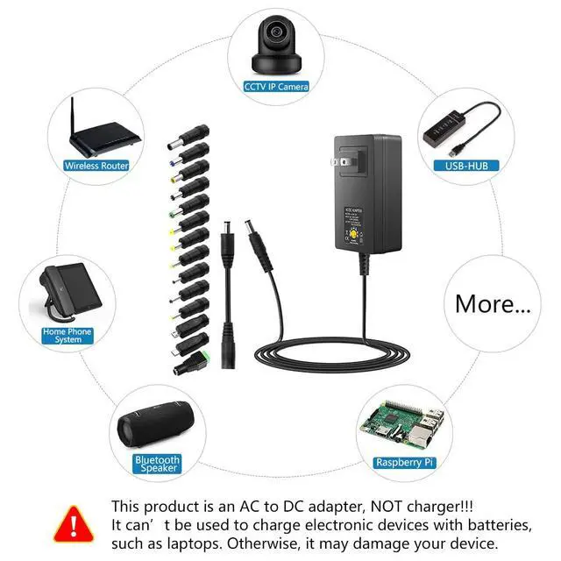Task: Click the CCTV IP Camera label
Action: [276, 86]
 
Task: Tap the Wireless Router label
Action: [96, 165]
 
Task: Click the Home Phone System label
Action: [67, 336]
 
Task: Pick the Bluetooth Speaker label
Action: [157, 464]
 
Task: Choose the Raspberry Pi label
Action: [403, 462]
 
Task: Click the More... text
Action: [493, 304]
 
